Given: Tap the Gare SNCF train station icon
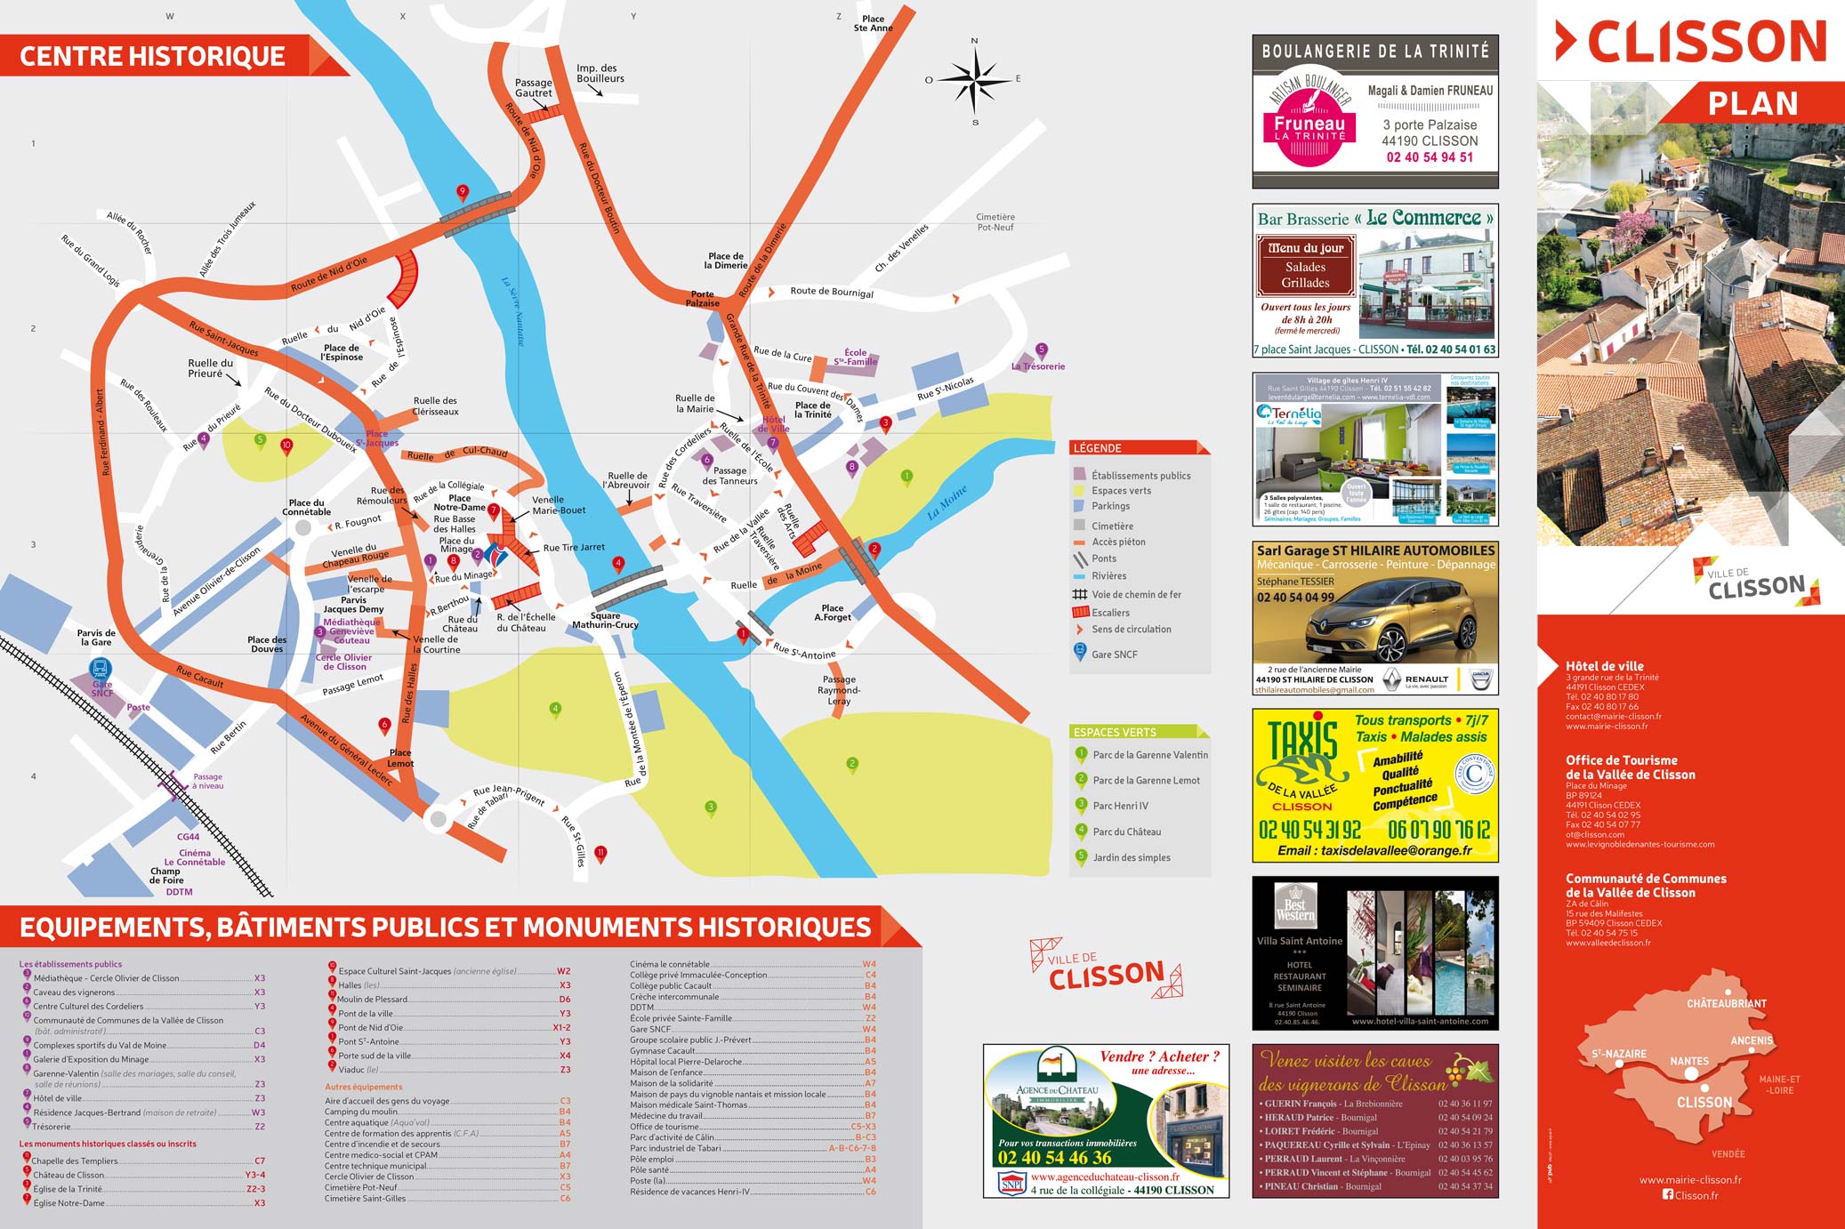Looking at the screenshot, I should (x=101, y=668).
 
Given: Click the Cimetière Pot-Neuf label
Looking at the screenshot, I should (x=995, y=222).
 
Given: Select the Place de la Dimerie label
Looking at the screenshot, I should (x=725, y=261).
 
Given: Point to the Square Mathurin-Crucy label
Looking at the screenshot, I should (x=605, y=620).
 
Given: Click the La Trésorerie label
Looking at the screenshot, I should (x=1038, y=366).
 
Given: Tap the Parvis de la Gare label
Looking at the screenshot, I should (x=96, y=638).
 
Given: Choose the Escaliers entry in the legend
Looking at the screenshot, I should (x=1109, y=613).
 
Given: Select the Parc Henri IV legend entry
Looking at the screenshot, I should (x=1120, y=807).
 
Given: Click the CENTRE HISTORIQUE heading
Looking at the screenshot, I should (x=152, y=57).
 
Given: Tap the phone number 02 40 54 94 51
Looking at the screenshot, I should (x=1430, y=157).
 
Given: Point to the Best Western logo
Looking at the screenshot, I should (x=1295, y=904).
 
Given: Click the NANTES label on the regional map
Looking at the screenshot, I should (x=1688, y=1061).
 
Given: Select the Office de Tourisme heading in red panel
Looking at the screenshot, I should (x=1630, y=767).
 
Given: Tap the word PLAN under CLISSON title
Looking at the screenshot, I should (x=1752, y=104).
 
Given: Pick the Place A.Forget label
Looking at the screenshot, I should (x=833, y=613).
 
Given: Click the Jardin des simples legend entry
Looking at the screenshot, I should (x=1131, y=858).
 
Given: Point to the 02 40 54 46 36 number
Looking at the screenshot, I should (x=1054, y=1158).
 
